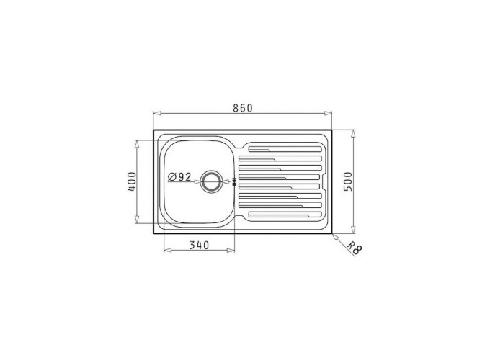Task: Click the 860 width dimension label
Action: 242,108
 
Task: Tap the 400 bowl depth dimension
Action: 131,182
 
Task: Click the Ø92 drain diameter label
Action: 179,176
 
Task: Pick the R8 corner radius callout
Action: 353,249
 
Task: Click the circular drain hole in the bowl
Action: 211,181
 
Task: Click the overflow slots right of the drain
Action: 233,182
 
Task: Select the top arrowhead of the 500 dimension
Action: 352,133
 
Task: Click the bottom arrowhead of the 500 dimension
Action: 352,231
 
